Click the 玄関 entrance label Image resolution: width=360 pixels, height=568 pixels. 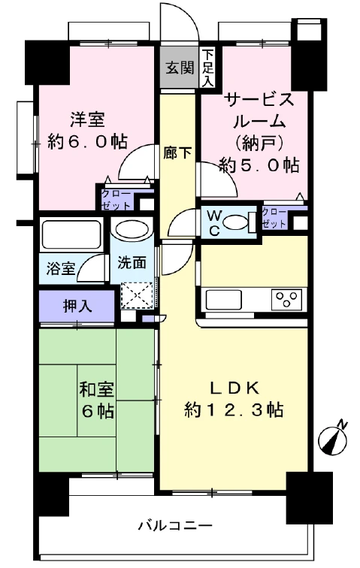(180, 68)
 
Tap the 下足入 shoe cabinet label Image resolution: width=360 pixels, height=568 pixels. (207, 68)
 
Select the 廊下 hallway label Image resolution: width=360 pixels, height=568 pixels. (177, 153)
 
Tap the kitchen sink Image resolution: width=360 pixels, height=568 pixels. (224, 299)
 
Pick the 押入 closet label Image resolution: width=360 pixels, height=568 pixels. (77, 307)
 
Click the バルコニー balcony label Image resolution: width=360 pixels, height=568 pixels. (175, 525)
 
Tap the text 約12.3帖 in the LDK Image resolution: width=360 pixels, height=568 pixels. (234, 410)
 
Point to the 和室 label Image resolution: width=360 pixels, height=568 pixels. (96, 389)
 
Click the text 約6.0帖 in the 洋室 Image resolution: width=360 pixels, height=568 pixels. (87, 141)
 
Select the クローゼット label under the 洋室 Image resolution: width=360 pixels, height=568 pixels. (116, 200)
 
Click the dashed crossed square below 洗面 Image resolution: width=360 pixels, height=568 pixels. (137, 295)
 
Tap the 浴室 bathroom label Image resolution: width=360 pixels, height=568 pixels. (61, 269)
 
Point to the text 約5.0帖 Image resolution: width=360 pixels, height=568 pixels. (259, 165)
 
